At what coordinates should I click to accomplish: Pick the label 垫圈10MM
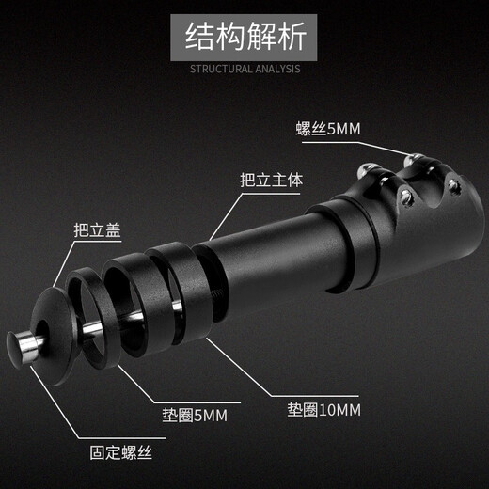[323, 410]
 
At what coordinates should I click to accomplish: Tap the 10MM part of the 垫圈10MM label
[342, 410]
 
